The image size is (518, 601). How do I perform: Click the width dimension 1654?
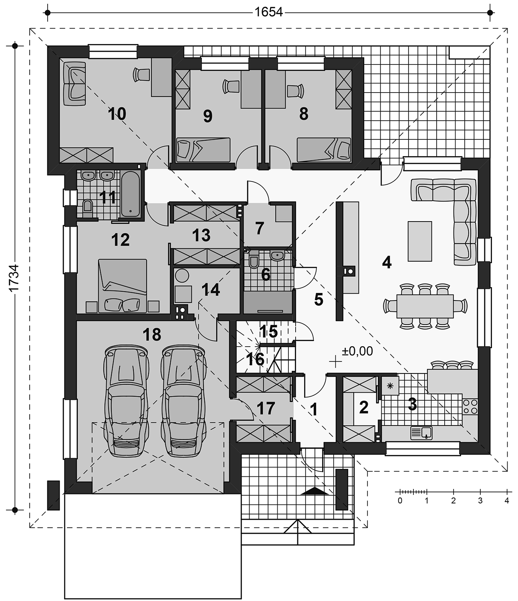(268, 12)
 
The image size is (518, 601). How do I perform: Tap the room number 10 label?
(117, 114)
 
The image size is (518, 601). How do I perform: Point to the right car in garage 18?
(183, 401)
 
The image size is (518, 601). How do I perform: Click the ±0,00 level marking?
(357, 351)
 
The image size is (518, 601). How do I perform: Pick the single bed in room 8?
(324, 149)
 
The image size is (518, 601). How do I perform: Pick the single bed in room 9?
(204, 149)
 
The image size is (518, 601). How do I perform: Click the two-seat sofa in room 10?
(74, 83)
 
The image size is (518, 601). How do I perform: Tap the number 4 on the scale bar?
(507, 500)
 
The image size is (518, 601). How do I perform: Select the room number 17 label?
(266, 409)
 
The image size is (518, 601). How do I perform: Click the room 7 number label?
(259, 228)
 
